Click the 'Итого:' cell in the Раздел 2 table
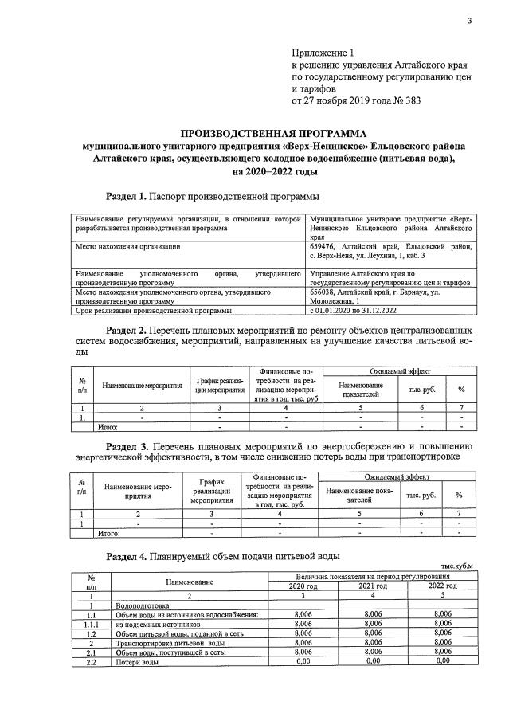(108, 427)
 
